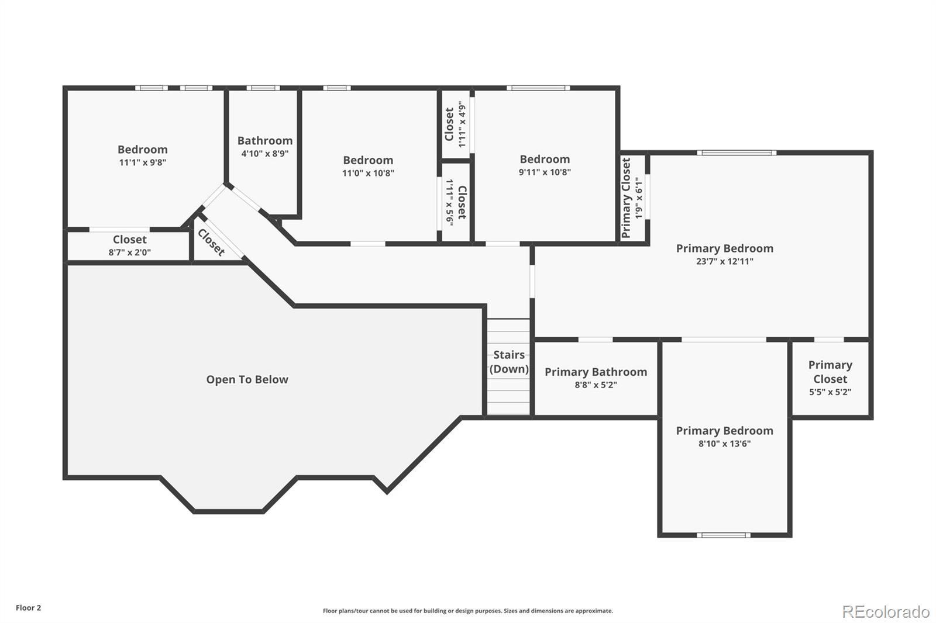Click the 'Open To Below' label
[247, 379]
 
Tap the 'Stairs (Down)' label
[509, 362]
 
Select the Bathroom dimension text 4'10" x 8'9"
[265, 154]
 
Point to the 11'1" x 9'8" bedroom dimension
[143, 162]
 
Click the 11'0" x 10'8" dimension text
[368, 174]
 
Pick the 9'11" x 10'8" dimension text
[545, 172]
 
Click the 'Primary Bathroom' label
[596, 372]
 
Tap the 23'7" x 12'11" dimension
[725, 261]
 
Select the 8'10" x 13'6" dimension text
[725, 444]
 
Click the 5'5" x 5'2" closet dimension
[830, 392]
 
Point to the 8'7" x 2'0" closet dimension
[129, 252]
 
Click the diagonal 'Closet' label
[211, 242]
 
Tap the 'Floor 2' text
[29, 608]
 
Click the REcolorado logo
[886, 612]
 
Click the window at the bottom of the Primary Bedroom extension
[723, 535]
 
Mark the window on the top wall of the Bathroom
[263, 88]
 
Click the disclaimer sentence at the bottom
[468, 611]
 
